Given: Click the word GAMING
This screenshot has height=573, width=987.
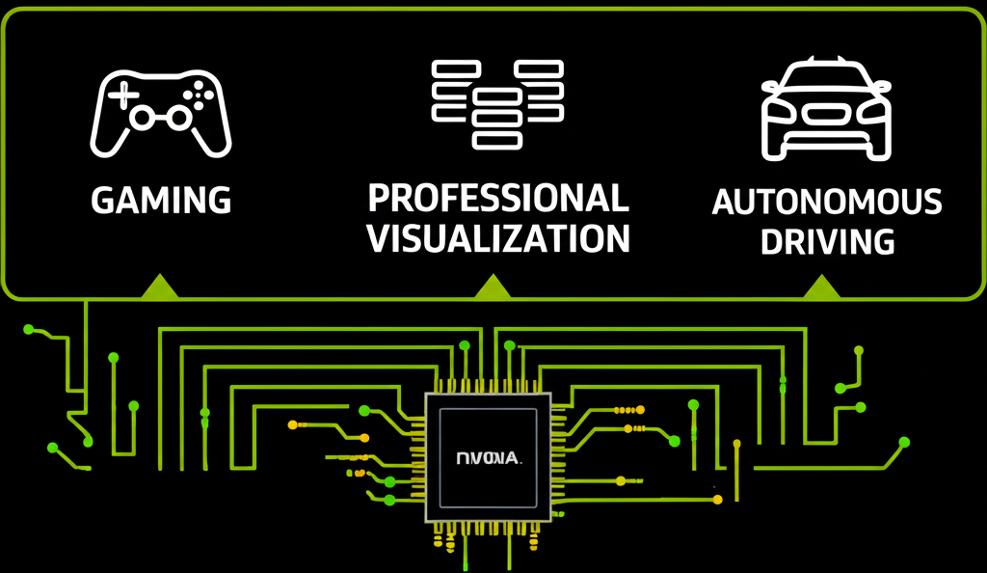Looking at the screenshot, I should [161, 201].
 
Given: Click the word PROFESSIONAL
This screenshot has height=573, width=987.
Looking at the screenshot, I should [498, 199].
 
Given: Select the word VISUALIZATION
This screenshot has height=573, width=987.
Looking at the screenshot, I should [498, 238].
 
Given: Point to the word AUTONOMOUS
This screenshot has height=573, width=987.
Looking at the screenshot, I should [827, 203].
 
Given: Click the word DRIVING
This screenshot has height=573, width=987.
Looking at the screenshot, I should [827, 242].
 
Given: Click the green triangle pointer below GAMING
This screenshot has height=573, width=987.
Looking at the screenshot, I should [160, 286].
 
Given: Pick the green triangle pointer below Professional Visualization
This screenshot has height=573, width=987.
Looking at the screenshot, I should [493, 286].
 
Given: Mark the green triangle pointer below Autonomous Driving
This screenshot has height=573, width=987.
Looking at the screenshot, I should [821, 286].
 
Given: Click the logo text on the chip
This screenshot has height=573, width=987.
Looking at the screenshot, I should [488, 458].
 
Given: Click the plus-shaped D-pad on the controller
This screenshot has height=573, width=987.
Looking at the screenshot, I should [121, 94].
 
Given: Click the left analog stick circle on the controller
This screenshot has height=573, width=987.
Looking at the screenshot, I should [142, 118].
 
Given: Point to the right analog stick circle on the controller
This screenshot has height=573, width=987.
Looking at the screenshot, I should [179, 118].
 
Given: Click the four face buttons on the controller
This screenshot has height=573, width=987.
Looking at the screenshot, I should [200, 93].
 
